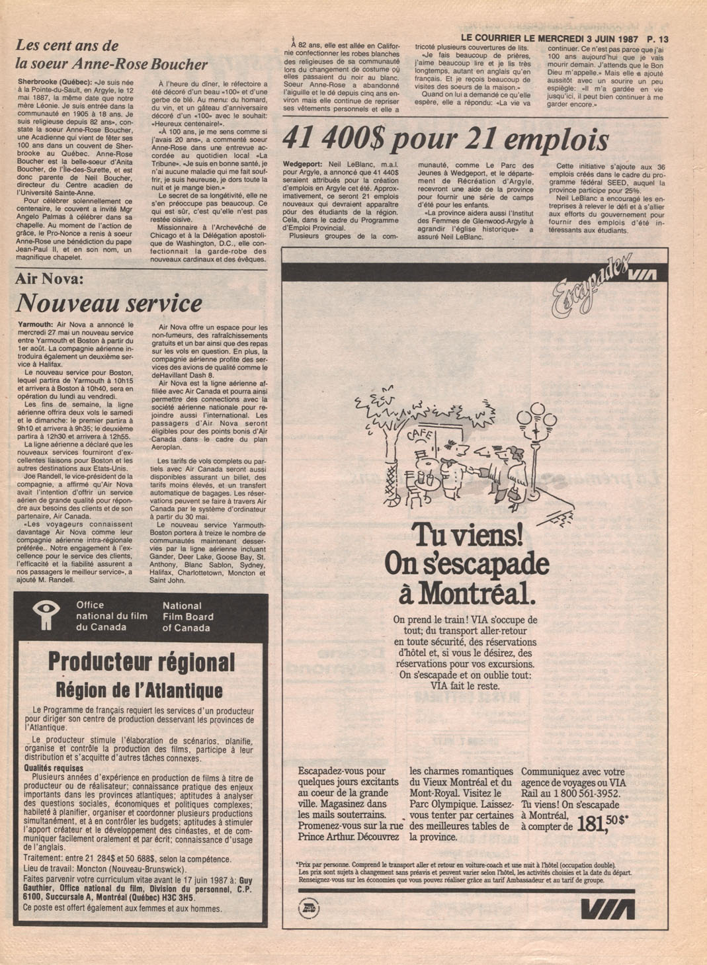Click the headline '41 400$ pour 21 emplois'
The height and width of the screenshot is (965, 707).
(x=445, y=140)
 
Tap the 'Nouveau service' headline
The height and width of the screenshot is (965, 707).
(x=109, y=303)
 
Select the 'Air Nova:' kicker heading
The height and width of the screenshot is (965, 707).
(x=50, y=279)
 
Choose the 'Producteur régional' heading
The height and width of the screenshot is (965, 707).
(x=141, y=661)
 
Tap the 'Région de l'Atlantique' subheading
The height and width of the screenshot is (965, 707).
(x=139, y=691)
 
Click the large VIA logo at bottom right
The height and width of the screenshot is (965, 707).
(x=608, y=910)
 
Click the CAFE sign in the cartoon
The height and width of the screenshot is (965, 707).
(x=418, y=435)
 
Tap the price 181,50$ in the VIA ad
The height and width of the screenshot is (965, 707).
(x=602, y=823)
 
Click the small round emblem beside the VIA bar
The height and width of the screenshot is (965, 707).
(x=309, y=909)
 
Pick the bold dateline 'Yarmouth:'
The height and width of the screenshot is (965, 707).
(x=36, y=325)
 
